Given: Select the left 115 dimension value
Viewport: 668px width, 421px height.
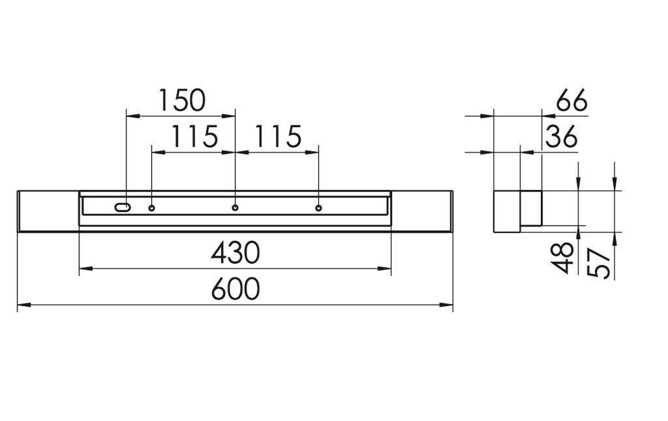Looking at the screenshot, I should tap(194, 137).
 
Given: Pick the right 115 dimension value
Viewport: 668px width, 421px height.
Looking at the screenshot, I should tap(277, 137).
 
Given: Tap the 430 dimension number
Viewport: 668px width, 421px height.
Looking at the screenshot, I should tap(235, 253).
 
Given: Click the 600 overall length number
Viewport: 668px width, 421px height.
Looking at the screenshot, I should tap(235, 289).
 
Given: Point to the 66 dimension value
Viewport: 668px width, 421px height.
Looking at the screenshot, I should tap(571, 102).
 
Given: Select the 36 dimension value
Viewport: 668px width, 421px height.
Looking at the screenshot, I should tap(561, 138).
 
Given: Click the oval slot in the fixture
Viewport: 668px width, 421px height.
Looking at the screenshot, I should tap(123, 208).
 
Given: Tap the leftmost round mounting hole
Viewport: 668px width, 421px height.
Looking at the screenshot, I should tap(152, 208).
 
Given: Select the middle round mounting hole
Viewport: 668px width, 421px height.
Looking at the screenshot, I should tap(235, 208).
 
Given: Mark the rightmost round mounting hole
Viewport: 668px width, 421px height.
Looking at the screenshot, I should tap(319, 208).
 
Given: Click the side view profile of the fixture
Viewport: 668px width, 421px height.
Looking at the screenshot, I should tap(517, 211).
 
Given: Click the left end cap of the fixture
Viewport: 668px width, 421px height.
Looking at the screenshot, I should tap(48, 211).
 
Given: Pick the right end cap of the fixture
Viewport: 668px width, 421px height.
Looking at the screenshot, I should tap(422, 211).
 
